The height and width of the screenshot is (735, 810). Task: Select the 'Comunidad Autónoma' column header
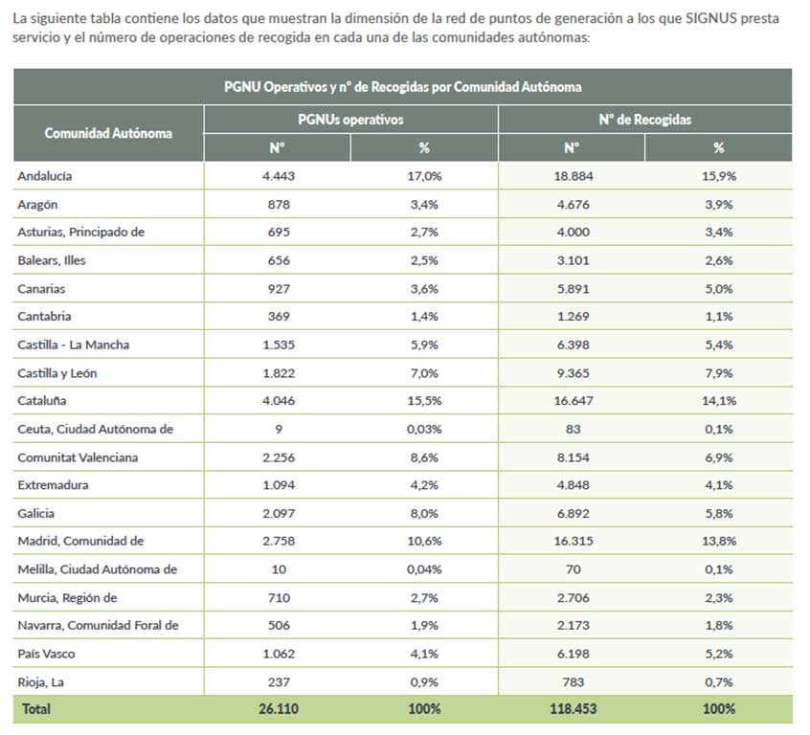click(x=108, y=133)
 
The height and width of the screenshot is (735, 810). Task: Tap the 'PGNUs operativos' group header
click(x=350, y=120)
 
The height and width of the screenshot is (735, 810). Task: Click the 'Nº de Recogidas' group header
click(x=644, y=120)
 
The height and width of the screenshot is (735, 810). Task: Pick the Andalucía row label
click(x=45, y=176)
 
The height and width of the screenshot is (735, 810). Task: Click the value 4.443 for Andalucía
click(x=279, y=176)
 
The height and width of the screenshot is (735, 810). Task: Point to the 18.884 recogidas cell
click(x=574, y=176)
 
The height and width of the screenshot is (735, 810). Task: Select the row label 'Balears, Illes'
click(x=52, y=260)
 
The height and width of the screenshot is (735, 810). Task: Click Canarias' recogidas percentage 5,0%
click(x=719, y=289)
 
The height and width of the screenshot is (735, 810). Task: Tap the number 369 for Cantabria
click(x=279, y=316)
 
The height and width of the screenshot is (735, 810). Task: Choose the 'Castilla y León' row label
click(x=57, y=373)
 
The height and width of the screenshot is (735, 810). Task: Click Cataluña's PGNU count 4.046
click(x=279, y=400)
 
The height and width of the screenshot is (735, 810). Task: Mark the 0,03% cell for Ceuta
click(x=424, y=429)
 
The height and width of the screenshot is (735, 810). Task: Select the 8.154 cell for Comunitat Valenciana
click(x=574, y=457)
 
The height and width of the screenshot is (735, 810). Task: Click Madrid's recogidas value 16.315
click(x=574, y=541)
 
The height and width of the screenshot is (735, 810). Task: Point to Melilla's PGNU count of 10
click(x=279, y=569)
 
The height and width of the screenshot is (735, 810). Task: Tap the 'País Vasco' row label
click(x=47, y=654)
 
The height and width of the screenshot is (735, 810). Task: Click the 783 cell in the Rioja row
click(x=574, y=682)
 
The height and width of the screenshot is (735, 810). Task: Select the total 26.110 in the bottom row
click(x=279, y=708)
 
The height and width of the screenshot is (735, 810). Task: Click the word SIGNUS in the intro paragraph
click(x=710, y=18)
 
